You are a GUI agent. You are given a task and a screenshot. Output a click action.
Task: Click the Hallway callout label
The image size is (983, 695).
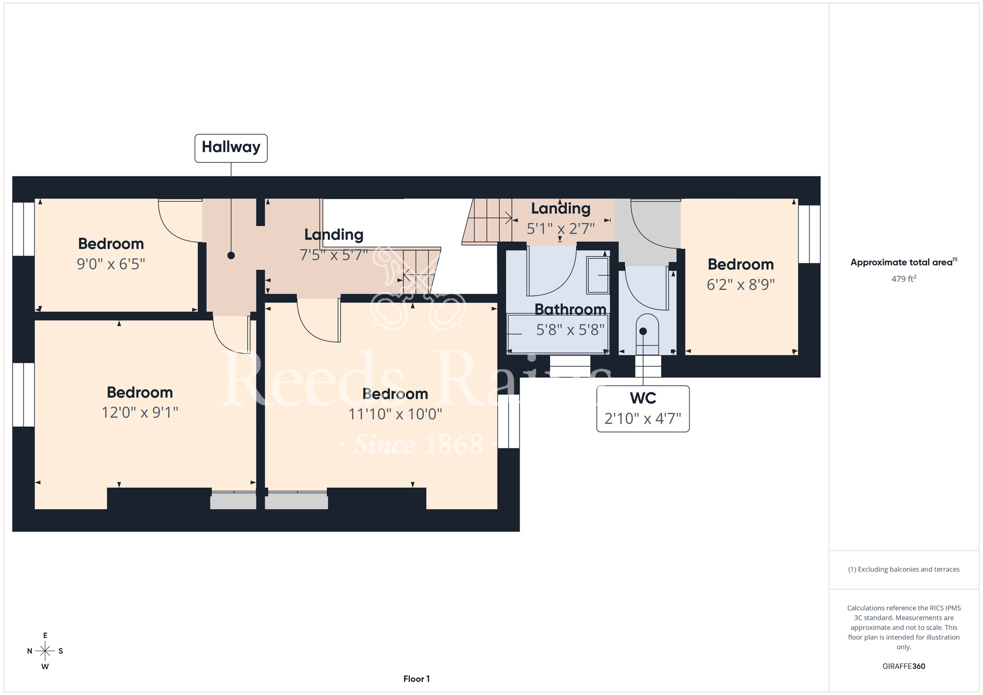(x=231, y=148)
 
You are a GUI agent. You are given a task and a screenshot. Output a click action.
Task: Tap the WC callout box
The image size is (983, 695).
(x=643, y=409)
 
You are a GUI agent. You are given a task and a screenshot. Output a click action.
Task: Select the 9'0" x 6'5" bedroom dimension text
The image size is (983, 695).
(x=111, y=264)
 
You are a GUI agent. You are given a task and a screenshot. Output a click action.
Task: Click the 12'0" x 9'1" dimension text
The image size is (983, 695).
(x=140, y=412)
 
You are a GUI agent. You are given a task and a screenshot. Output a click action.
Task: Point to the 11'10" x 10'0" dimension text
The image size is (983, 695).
(x=395, y=414)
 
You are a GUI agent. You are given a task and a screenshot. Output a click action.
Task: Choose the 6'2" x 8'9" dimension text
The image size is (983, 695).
(x=741, y=285)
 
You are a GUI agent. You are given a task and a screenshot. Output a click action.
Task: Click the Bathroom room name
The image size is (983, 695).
(x=571, y=309)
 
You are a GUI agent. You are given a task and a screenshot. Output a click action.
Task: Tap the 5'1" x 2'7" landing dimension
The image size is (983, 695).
(x=561, y=229)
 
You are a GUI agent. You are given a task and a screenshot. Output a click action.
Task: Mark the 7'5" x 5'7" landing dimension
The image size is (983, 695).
(x=334, y=255)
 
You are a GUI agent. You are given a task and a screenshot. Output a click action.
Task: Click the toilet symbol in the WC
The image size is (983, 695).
(x=647, y=334)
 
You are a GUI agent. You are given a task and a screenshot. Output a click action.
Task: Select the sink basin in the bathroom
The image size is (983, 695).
(x=598, y=276)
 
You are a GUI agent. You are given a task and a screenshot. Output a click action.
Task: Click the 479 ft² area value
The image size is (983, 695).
(x=904, y=279)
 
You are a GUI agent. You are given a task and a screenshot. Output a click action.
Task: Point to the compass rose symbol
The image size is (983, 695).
(x=45, y=651)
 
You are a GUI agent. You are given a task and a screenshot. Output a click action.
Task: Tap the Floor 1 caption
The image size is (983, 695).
(x=416, y=679)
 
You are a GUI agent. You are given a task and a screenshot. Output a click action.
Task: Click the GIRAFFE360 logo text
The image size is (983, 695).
(x=904, y=666)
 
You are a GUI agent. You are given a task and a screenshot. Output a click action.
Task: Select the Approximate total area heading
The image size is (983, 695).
(x=904, y=262)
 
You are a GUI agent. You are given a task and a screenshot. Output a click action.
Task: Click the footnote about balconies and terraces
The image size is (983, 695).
(x=904, y=569)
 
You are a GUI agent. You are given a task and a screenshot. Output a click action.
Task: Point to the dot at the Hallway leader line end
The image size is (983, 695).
(x=231, y=256)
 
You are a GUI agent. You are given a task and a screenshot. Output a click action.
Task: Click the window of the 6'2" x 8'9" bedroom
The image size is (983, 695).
(x=810, y=234)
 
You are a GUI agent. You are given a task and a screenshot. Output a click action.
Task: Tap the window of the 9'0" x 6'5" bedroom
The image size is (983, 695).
(x=23, y=229)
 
